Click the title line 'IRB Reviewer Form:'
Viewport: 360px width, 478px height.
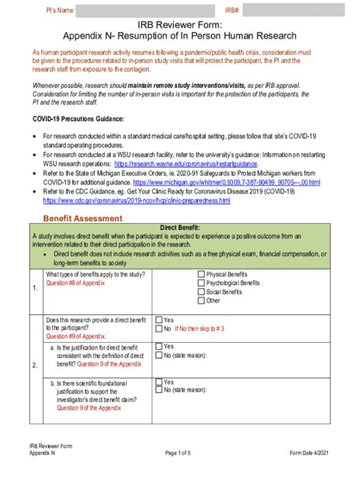pyautogui.click(x=179, y=25)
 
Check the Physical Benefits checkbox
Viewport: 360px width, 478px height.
pyautogui.click(x=201, y=274)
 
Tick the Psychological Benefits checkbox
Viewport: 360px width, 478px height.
pyautogui.click(x=201, y=282)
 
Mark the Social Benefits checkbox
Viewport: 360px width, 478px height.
pyautogui.click(x=201, y=291)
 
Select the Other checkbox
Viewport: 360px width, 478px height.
pyautogui.click(x=201, y=300)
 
